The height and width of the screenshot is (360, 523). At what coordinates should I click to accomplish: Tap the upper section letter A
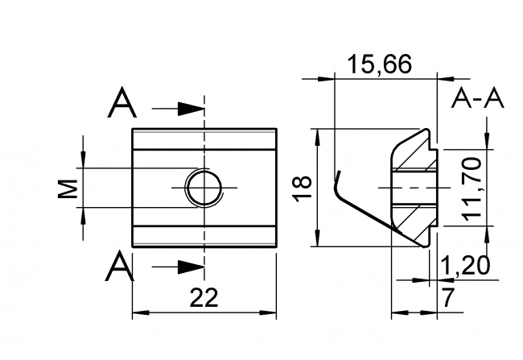[x=122, y=103]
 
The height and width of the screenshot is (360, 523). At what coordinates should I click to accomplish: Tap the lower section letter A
[x=119, y=266]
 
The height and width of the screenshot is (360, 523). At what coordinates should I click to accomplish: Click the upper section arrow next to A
[x=189, y=107]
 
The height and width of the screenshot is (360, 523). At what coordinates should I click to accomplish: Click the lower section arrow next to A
[x=189, y=266]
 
